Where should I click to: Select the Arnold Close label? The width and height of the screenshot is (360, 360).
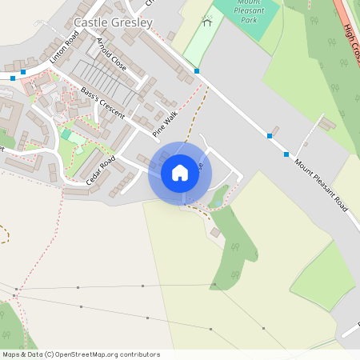click(x=110, y=53)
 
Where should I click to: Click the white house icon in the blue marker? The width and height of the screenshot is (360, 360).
click(x=180, y=172)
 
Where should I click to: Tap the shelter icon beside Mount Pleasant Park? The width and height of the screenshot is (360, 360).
click(x=208, y=21)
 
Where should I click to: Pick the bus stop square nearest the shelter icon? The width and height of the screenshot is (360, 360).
click(x=197, y=71)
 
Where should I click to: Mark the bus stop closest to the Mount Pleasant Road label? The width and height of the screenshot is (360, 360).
click(x=286, y=154)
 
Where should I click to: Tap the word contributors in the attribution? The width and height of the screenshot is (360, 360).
click(x=138, y=354)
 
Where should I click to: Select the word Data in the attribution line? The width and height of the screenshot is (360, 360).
click(x=32, y=354)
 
